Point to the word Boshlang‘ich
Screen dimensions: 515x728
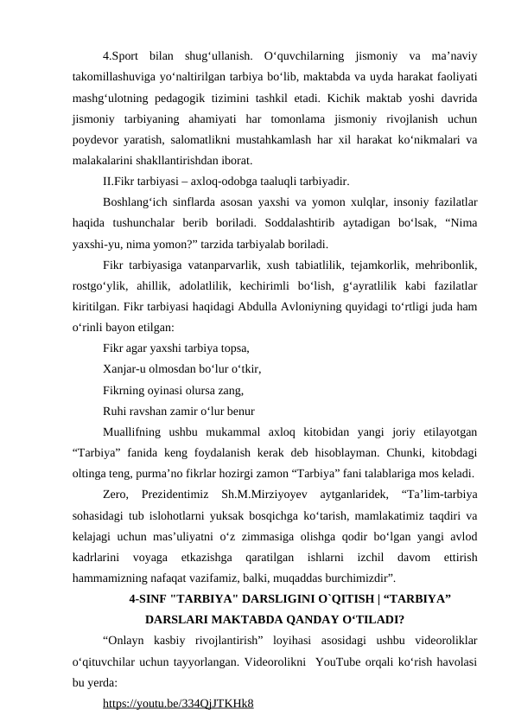click(x=136, y=202)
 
